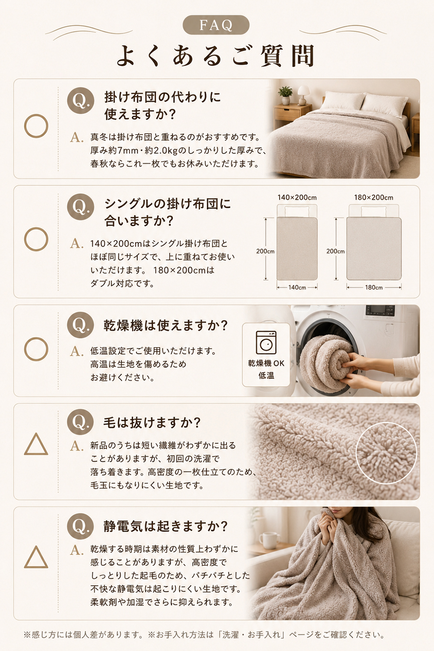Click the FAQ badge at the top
click(216, 25)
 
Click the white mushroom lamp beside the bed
click(303, 95)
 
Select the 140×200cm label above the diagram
click(297, 198)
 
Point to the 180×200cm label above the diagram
click(374, 198)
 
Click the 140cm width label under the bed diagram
click(297, 287)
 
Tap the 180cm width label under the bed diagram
click(374, 287)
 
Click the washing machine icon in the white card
click(266, 342)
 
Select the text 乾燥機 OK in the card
click(266, 363)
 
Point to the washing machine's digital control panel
click(380, 311)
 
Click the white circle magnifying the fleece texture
click(386, 453)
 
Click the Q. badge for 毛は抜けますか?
click(80, 422)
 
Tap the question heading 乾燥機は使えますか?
click(166, 326)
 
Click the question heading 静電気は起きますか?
click(166, 526)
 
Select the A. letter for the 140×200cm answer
click(77, 244)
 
